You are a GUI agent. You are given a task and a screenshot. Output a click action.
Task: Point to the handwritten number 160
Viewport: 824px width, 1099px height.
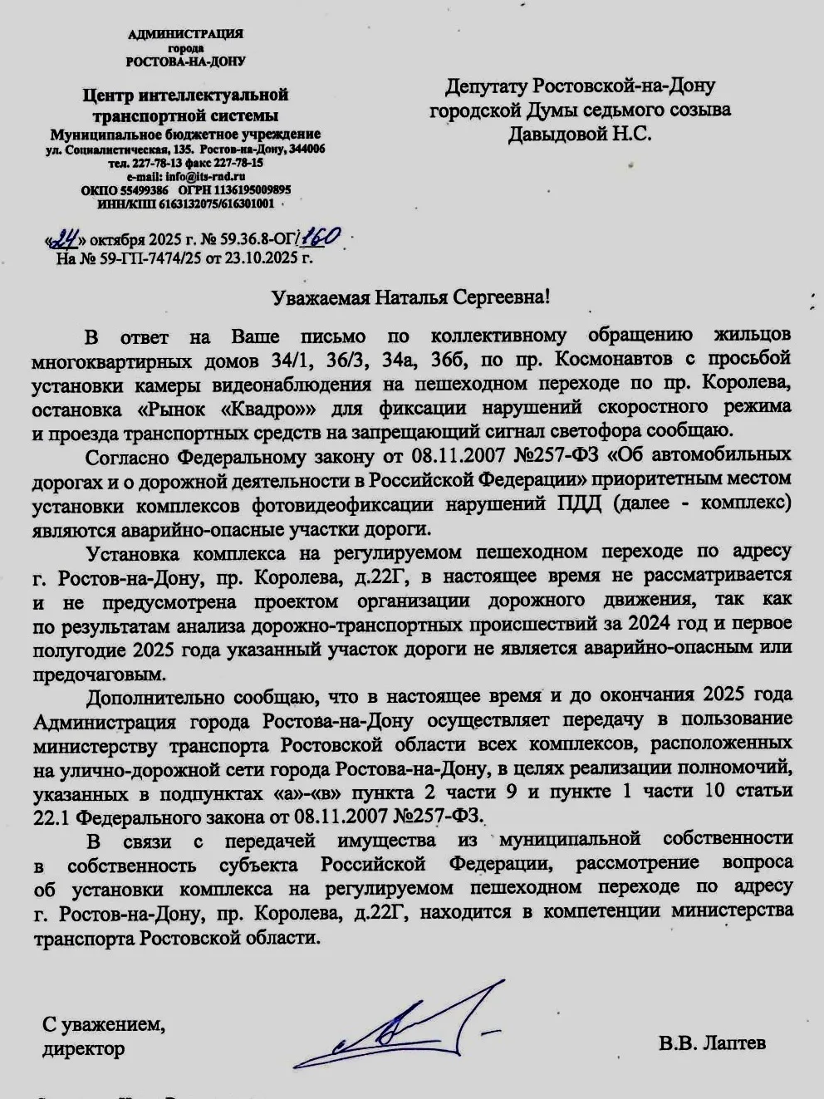tap(318, 238)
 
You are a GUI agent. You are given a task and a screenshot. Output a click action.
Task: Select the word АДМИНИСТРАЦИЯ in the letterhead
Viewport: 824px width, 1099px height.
tap(185, 34)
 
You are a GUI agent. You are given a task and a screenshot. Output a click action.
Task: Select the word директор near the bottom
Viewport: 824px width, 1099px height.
tap(84, 1048)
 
